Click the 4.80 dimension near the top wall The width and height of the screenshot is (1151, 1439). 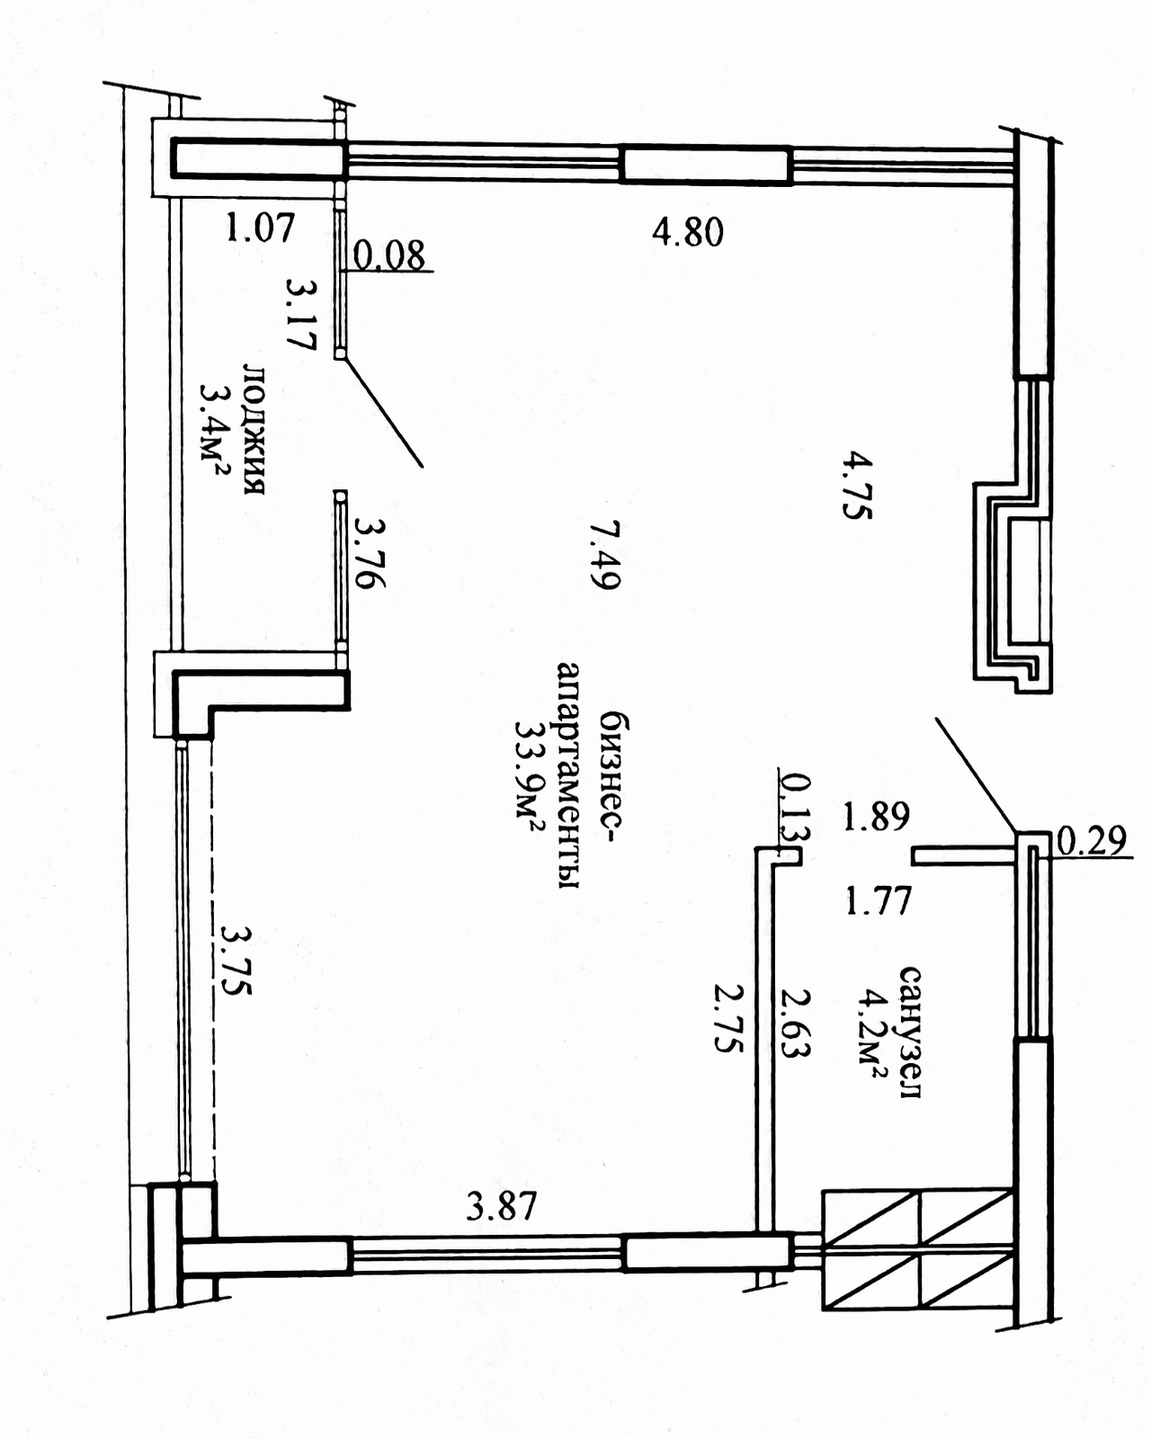tap(688, 232)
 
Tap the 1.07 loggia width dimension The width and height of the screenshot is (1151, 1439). tap(260, 228)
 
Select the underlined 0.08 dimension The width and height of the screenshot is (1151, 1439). tap(388, 255)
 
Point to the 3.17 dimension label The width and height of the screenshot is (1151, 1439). tap(301, 314)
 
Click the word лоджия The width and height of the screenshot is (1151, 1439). tap(254, 429)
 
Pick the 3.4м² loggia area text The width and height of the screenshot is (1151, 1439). tap(213, 430)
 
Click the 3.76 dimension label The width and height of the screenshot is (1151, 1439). tap(370, 553)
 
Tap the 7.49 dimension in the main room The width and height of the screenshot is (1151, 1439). tap(605, 555)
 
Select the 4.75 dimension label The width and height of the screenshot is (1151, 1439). tap(857, 486)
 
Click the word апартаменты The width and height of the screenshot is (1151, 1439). tap(568, 775)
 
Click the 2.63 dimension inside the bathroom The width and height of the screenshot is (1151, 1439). tap(796, 1023)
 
